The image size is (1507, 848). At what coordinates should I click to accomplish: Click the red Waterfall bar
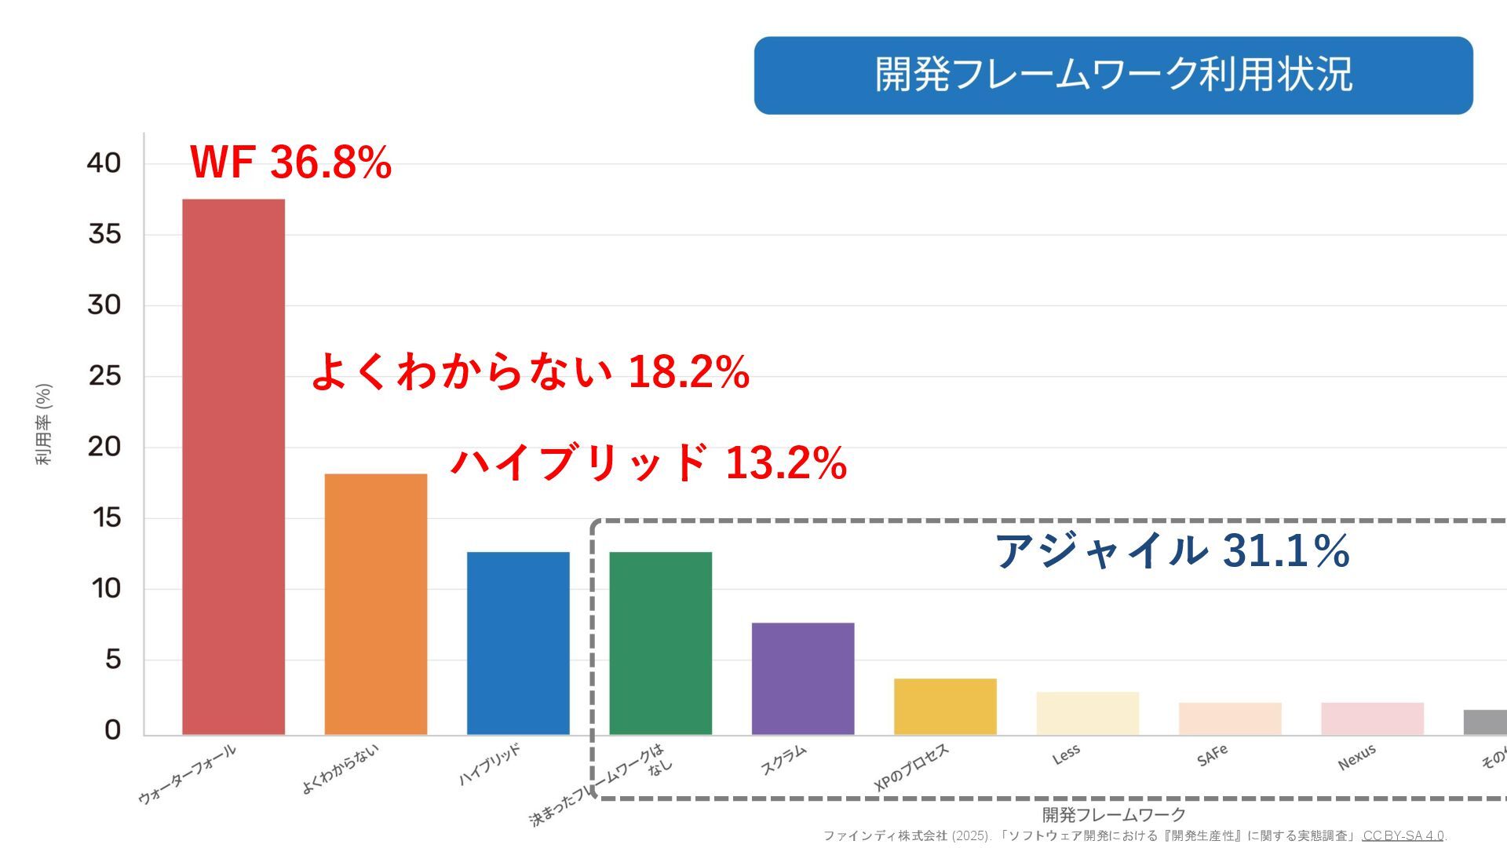coord(233,466)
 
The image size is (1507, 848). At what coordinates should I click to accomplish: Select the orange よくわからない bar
coord(376,604)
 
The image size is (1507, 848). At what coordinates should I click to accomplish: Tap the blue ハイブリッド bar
coord(518,643)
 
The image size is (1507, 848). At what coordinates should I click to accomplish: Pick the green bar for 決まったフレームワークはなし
coord(660,643)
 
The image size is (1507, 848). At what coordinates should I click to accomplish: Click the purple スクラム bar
coord(803,678)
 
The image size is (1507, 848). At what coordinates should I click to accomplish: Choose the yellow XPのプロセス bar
coord(945,707)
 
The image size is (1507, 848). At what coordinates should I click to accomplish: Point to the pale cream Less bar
coord(1087,713)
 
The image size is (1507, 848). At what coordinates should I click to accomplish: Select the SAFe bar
coord(1230,718)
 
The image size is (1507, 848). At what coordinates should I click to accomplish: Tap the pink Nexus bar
coord(1372,718)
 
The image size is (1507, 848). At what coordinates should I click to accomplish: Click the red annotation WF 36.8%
coord(290,163)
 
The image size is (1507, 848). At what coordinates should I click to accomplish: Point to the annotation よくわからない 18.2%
coord(531,371)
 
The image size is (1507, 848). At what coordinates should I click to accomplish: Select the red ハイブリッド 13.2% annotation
coord(648,462)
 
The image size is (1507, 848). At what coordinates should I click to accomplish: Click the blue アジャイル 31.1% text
coord(1172,550)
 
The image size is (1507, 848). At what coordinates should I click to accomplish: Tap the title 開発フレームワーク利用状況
coord(1113,75)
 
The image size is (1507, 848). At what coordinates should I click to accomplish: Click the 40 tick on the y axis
coord(104,163)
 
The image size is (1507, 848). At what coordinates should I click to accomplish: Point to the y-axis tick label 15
coord(106,517)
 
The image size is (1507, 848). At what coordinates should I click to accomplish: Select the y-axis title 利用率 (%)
coord(44,424)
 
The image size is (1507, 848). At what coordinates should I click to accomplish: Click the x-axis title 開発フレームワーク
coord(1113,814)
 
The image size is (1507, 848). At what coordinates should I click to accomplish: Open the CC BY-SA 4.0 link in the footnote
coord(1403,835)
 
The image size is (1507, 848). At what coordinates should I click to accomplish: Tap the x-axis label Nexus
coord(1357,757)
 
